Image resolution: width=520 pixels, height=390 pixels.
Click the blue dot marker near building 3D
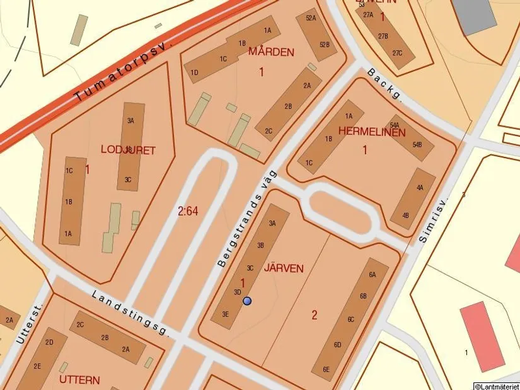(247, 301)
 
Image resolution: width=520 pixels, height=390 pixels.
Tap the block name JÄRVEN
(284, 268)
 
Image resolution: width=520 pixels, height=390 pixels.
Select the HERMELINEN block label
(372, 132)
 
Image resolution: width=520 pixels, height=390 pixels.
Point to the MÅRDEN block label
(271, 52)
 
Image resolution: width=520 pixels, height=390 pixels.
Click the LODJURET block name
(128, 149)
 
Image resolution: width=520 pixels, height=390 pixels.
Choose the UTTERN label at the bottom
(79, 380)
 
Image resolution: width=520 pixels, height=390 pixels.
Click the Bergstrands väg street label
(247, 218)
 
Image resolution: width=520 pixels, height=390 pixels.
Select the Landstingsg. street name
(130, 313)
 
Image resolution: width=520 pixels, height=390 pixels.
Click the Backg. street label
(383, 84)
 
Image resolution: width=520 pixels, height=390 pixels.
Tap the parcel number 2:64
(188, 211)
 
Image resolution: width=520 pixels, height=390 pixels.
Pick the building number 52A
(310, 18)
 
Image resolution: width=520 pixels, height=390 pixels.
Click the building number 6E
(326, 369)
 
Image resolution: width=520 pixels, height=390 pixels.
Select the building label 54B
(417, 145)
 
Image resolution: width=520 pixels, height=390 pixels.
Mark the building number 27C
(397, 53)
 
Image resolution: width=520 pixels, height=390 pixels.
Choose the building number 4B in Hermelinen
(405, 215)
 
